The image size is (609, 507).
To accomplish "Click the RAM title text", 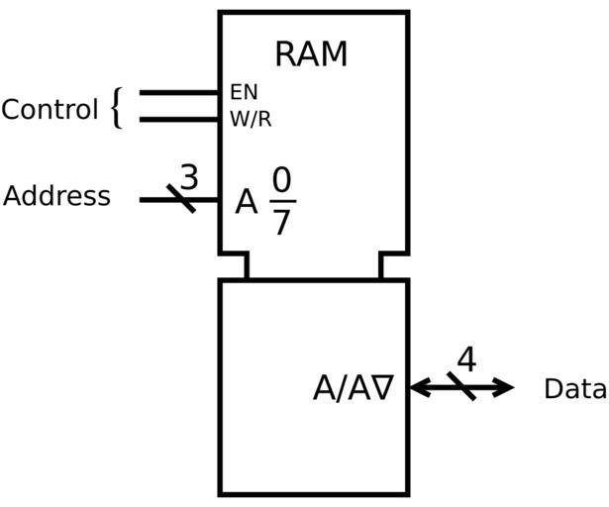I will (x=311, y=53).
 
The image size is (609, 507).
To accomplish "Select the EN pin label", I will (x=244, y=92).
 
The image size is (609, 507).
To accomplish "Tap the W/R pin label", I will (x=251, y=120).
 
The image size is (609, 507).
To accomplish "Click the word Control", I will (x=50, y=109).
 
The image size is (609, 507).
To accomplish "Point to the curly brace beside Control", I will (x=117, y=107).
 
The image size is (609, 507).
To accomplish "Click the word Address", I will (x=56, y=196).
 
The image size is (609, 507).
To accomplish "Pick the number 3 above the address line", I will (x=188, y=176).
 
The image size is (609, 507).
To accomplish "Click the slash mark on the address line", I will (x=180, y=199).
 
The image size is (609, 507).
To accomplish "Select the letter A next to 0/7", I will (x=247, y=203).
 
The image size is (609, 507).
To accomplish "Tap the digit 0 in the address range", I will (x=282, y=181).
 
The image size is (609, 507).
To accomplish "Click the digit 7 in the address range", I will (x=282, y=223).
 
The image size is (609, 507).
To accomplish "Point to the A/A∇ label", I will (x=354, y=388).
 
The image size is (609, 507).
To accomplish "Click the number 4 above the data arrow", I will (x=465, y=359).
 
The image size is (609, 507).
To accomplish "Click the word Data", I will (x=574, y=389).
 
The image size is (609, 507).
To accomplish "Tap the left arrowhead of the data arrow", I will (x=418, y=387).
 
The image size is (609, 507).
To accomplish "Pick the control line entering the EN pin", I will (x=179, y=92).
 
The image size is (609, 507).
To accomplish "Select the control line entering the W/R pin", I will (x=179, y=120).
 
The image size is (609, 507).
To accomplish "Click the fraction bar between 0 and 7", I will (x=282, y=201).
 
